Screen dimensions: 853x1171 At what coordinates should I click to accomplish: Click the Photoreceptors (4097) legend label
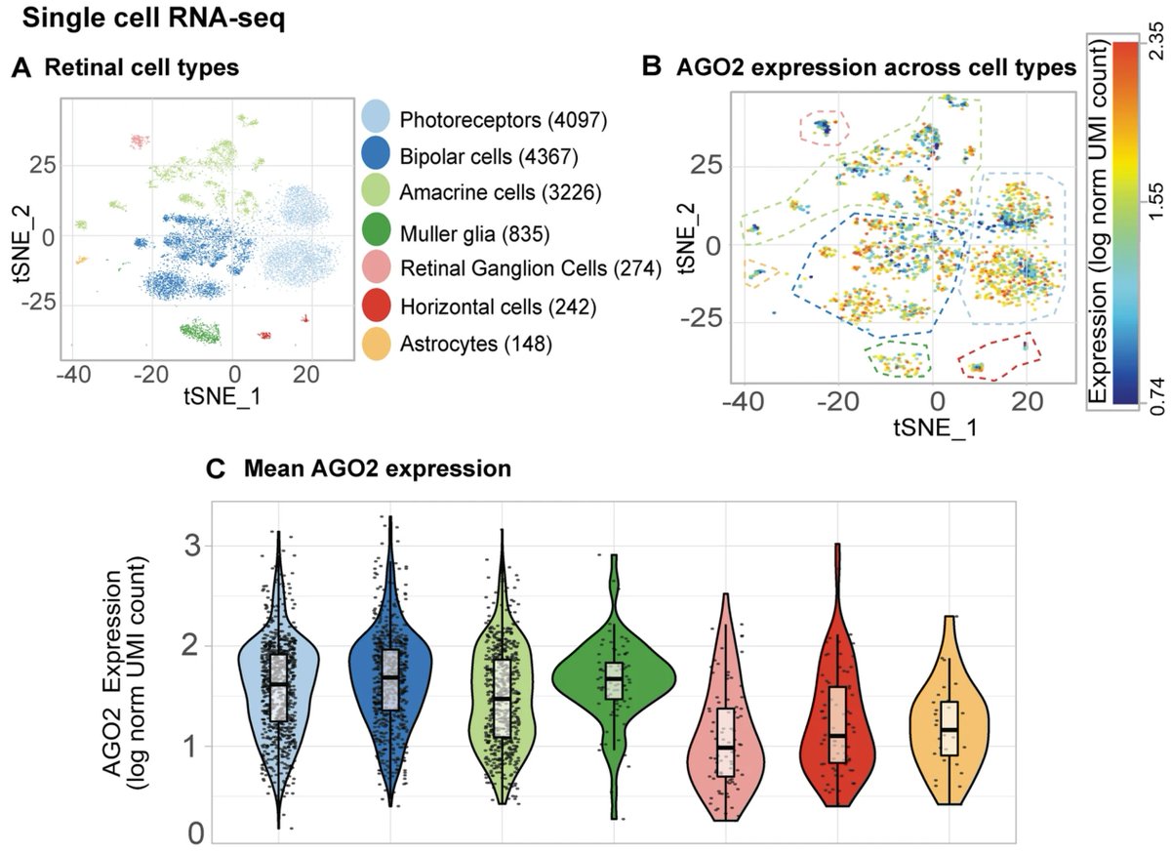(503, 120)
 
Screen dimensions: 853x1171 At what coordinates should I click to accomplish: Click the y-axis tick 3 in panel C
(195, 547)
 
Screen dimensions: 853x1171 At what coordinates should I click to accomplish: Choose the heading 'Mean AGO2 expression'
(377, 469)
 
